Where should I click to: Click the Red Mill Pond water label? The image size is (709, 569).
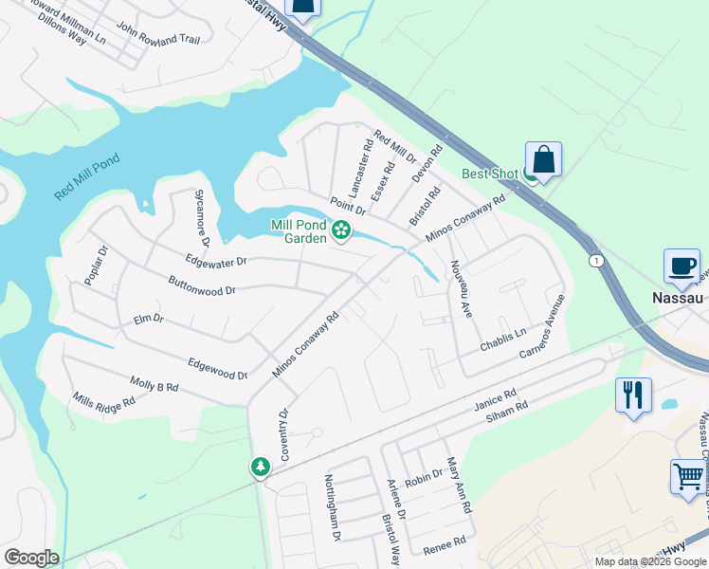[x=87, y=176]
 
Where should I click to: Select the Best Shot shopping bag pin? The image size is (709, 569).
[x=544, y=160]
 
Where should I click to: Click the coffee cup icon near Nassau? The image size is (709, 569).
[x=682, y=266]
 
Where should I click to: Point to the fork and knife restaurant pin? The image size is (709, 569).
[x=633, y=394]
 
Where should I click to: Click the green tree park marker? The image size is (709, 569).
[x=260, y=467]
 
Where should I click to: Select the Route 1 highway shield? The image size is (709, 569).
[x=595, y=260]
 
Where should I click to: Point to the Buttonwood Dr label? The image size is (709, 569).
[x=201, y=284]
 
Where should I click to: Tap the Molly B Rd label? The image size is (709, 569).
[x=155, y=387]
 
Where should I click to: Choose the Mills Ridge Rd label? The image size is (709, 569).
[x=104, y=401]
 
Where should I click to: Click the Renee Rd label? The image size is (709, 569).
[x=445, y=542]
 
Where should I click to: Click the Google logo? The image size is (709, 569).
[x=31, y=558]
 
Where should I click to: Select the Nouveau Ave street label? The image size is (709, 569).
[x=462, y=288]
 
